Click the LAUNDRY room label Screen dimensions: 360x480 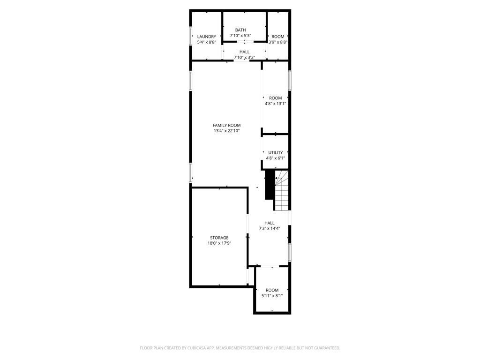(x=206, y=37)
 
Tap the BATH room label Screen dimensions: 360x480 (x=240, y=30)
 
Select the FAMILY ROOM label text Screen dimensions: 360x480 (x=226, y=125)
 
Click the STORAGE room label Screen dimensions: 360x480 (x=219, y=238)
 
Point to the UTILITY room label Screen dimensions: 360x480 (x=275, y=152)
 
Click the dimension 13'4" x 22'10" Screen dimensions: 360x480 (x=226, y=131)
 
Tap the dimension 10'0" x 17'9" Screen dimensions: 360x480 (x=219, y=243)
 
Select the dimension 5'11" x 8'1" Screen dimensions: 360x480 (x=272, y=296)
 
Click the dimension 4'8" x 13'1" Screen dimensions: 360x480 (x=275, y=104)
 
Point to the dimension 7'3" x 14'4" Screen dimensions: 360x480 (x=269, y=229)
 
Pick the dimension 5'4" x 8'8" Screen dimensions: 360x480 (x=206, y=42)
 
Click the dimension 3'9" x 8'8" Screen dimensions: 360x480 (x=277, y=42)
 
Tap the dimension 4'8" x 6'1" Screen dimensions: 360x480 (x=275, y=158)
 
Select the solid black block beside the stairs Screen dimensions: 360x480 (x=270, y=184)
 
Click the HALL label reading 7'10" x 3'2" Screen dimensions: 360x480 (x=244, y=52)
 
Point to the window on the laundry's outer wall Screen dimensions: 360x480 (x=190, y=35)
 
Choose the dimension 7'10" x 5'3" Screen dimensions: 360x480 (x=240, y=36)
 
